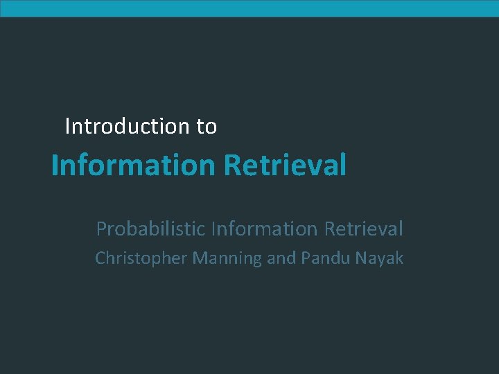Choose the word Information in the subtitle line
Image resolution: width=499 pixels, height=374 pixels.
pyautogui.click(x=263, y=228)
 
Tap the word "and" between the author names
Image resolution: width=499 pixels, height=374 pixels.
pyautogui.click(x=281, y=258)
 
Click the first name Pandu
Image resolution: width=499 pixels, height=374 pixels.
pyautogui.click(x=324, y=258)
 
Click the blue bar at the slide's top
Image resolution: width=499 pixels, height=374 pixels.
pyautogui.click(x=249, y=8)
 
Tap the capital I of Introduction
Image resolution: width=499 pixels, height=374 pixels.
pyautogui.click(x=67, y=126)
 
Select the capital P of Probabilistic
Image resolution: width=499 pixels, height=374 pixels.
pyautogui.click(x=101, y=228)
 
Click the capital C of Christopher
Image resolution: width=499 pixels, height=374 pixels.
pyautogui.click(x=100, y=258)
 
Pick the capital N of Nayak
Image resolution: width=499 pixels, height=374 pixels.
pyautogui.click(x=360, y=258)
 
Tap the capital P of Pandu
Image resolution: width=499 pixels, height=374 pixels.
pyautogui.click(x=306, y=258)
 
